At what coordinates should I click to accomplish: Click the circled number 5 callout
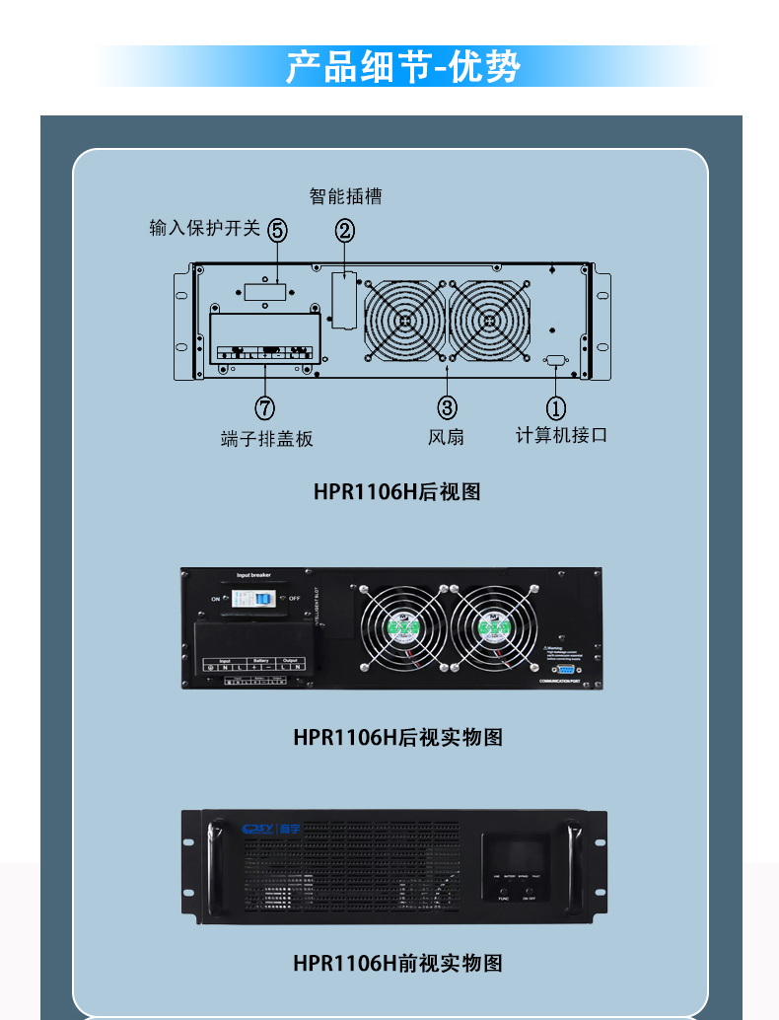pos(277,231)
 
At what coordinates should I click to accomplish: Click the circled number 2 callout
pos(344,231)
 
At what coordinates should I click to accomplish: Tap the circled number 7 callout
pos(264,406)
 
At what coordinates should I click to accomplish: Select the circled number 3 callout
pos(447,406)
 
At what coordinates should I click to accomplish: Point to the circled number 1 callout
pos(556,406)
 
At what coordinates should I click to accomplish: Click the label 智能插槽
pos(345,196)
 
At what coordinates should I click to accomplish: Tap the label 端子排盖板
pos(266,439)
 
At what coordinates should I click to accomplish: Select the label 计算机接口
pos(561,435)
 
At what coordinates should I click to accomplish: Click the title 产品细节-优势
pos(402,67)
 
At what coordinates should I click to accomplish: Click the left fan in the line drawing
pos(404,321)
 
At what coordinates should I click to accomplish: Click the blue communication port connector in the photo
pos(565,668)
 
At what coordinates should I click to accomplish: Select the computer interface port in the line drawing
pos(554,361)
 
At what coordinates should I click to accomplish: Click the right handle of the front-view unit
pos(573,857)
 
